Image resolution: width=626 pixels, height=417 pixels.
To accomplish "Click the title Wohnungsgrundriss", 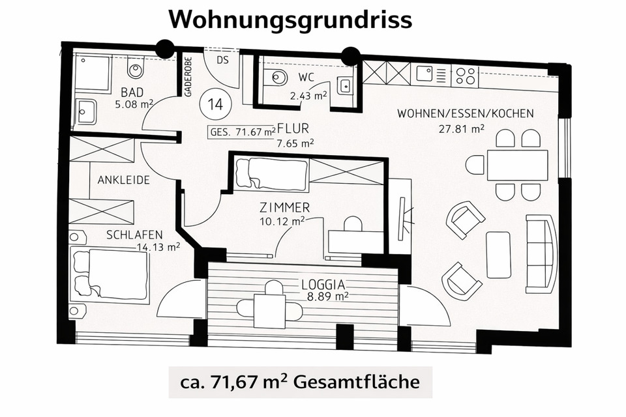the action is (x=290, y=20).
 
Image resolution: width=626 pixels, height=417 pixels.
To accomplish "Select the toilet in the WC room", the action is (x=278, y=77).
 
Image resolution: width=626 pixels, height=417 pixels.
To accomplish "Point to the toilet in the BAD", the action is (x=136, y=67).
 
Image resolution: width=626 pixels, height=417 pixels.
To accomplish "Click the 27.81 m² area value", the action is (x=462, y=129).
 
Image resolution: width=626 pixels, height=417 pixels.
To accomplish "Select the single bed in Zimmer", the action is (x=271, y=173).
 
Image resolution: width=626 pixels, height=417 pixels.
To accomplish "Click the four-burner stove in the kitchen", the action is (x=464, y=75).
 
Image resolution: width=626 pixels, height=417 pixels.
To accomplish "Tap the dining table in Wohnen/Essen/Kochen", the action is (x=516, y=165).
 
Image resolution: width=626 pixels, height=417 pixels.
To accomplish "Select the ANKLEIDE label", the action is (x=124, y=180).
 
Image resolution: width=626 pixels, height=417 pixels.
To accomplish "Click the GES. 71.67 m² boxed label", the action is (x=241, y=132).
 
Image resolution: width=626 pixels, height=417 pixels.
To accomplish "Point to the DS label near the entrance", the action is (x=223, y=60).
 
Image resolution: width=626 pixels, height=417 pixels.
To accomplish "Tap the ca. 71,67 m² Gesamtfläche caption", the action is (x=301, y=381).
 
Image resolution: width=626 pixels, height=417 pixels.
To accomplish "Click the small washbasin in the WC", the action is (x=344, y=85).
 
